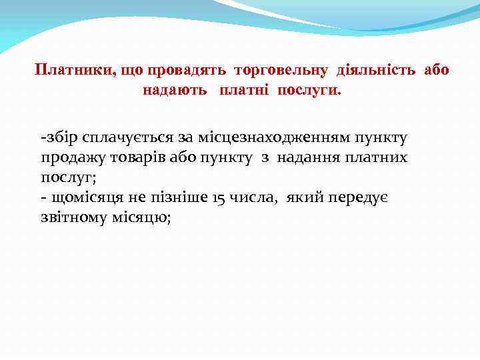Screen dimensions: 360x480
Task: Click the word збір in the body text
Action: pos(63,138)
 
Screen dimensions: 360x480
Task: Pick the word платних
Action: pos(377,158)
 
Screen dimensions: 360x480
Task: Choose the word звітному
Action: pos(75,218)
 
